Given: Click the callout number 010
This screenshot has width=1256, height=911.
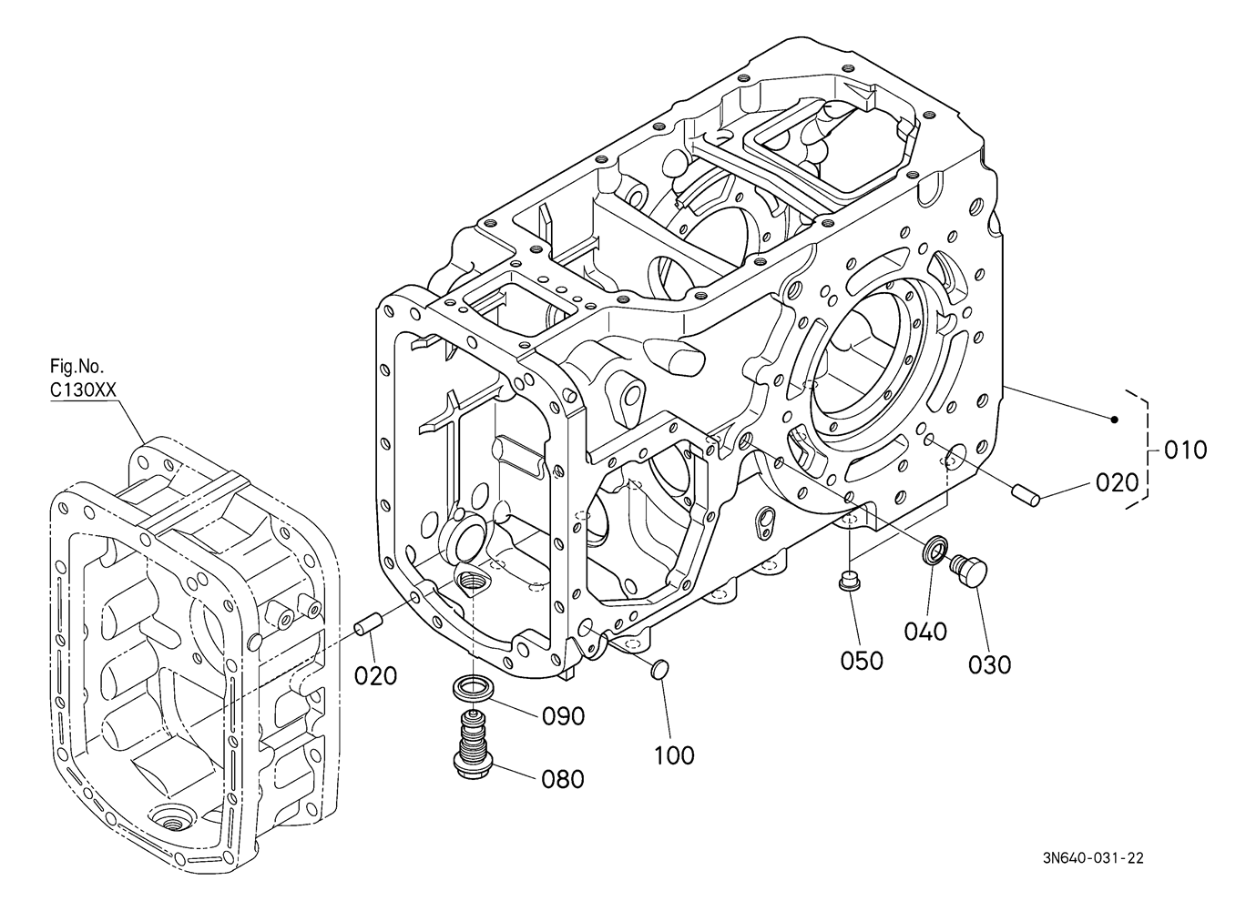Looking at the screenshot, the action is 1185,450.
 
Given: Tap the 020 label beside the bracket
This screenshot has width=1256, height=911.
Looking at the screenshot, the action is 1117,483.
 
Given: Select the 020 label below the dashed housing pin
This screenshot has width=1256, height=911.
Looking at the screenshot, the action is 375,675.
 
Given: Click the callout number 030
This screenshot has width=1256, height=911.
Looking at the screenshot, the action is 990,665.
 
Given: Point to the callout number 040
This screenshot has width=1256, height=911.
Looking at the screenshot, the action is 925,632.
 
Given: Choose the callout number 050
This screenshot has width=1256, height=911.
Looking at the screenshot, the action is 862,661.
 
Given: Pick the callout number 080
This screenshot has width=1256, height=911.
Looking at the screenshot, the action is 563,779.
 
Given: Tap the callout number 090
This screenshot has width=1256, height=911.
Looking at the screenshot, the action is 564,716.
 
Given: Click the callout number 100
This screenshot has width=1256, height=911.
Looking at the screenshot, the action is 675,755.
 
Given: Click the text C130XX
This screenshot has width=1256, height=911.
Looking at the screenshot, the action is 83,390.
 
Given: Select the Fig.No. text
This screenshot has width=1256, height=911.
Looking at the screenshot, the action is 77,367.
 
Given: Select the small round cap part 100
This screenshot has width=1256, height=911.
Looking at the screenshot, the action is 660,668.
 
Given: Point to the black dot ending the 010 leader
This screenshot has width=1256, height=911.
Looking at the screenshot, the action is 1115,420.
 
